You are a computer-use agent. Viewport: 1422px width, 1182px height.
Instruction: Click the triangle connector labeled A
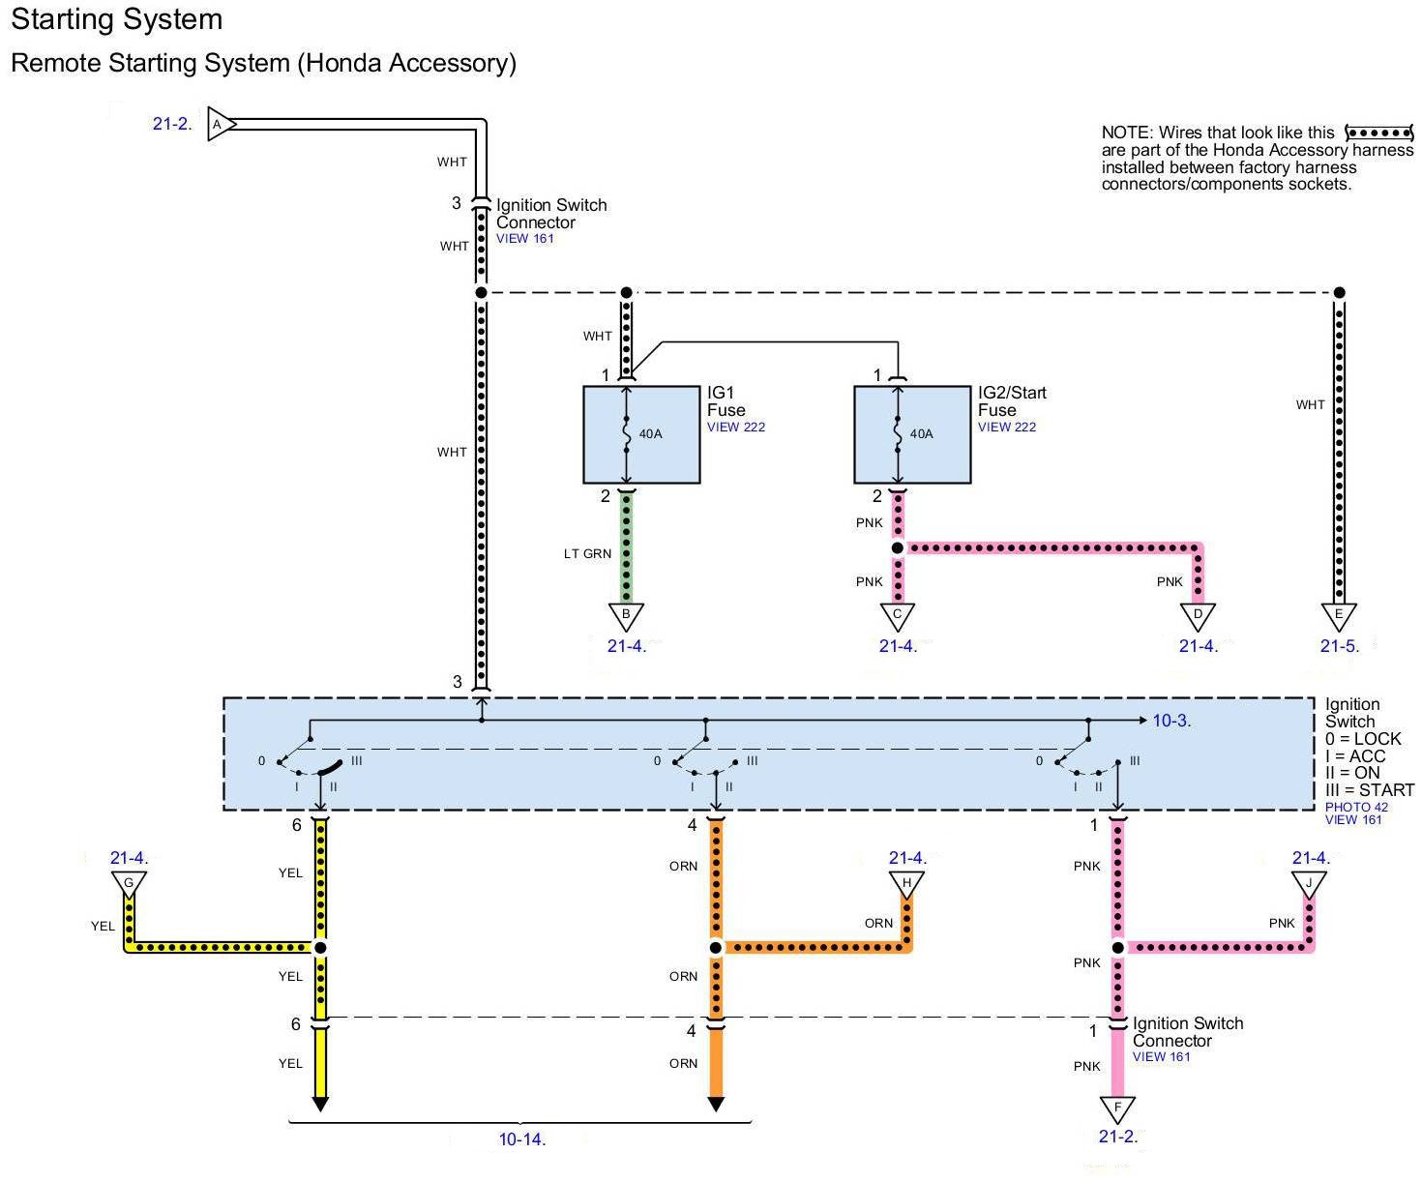coord(220,125)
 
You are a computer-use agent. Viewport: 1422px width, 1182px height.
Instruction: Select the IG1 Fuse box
coord(641,434)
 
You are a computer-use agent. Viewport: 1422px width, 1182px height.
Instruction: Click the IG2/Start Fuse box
coord(912,434)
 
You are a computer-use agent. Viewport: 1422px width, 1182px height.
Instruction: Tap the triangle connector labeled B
coord(626,615)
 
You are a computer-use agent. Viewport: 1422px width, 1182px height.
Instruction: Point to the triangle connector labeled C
coord(898,615)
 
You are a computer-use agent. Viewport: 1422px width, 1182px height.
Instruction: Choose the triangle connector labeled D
coord(1198,615)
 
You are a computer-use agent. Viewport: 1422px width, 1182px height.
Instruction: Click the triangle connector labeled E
coord(1339,615)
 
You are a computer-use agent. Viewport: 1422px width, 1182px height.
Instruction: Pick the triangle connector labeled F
coord(1117,1108)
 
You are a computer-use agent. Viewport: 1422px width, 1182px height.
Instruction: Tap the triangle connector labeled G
coord(129,883)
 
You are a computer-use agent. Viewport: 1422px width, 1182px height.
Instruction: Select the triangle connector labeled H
coord(907,883)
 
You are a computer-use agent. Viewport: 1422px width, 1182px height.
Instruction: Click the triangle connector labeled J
coord(1309,883)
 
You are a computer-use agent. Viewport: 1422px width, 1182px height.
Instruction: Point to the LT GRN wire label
coord(588,554)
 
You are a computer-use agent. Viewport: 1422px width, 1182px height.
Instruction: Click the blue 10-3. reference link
coord(1171,721)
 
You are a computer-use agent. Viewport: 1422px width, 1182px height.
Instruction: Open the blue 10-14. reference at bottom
coord(522,1139)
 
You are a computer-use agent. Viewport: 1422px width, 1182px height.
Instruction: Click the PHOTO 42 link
coord(1356,807)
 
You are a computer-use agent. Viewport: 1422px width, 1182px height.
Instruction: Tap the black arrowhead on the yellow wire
coord(320,1104)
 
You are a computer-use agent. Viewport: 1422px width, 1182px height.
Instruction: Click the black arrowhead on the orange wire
coord(716,1104)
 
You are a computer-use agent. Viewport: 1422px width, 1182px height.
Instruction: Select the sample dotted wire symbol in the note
coord(1379,133)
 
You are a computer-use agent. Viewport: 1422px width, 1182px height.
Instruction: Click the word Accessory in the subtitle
coord(448,63)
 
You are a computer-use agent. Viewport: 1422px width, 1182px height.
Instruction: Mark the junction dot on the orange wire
coord(716,948)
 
